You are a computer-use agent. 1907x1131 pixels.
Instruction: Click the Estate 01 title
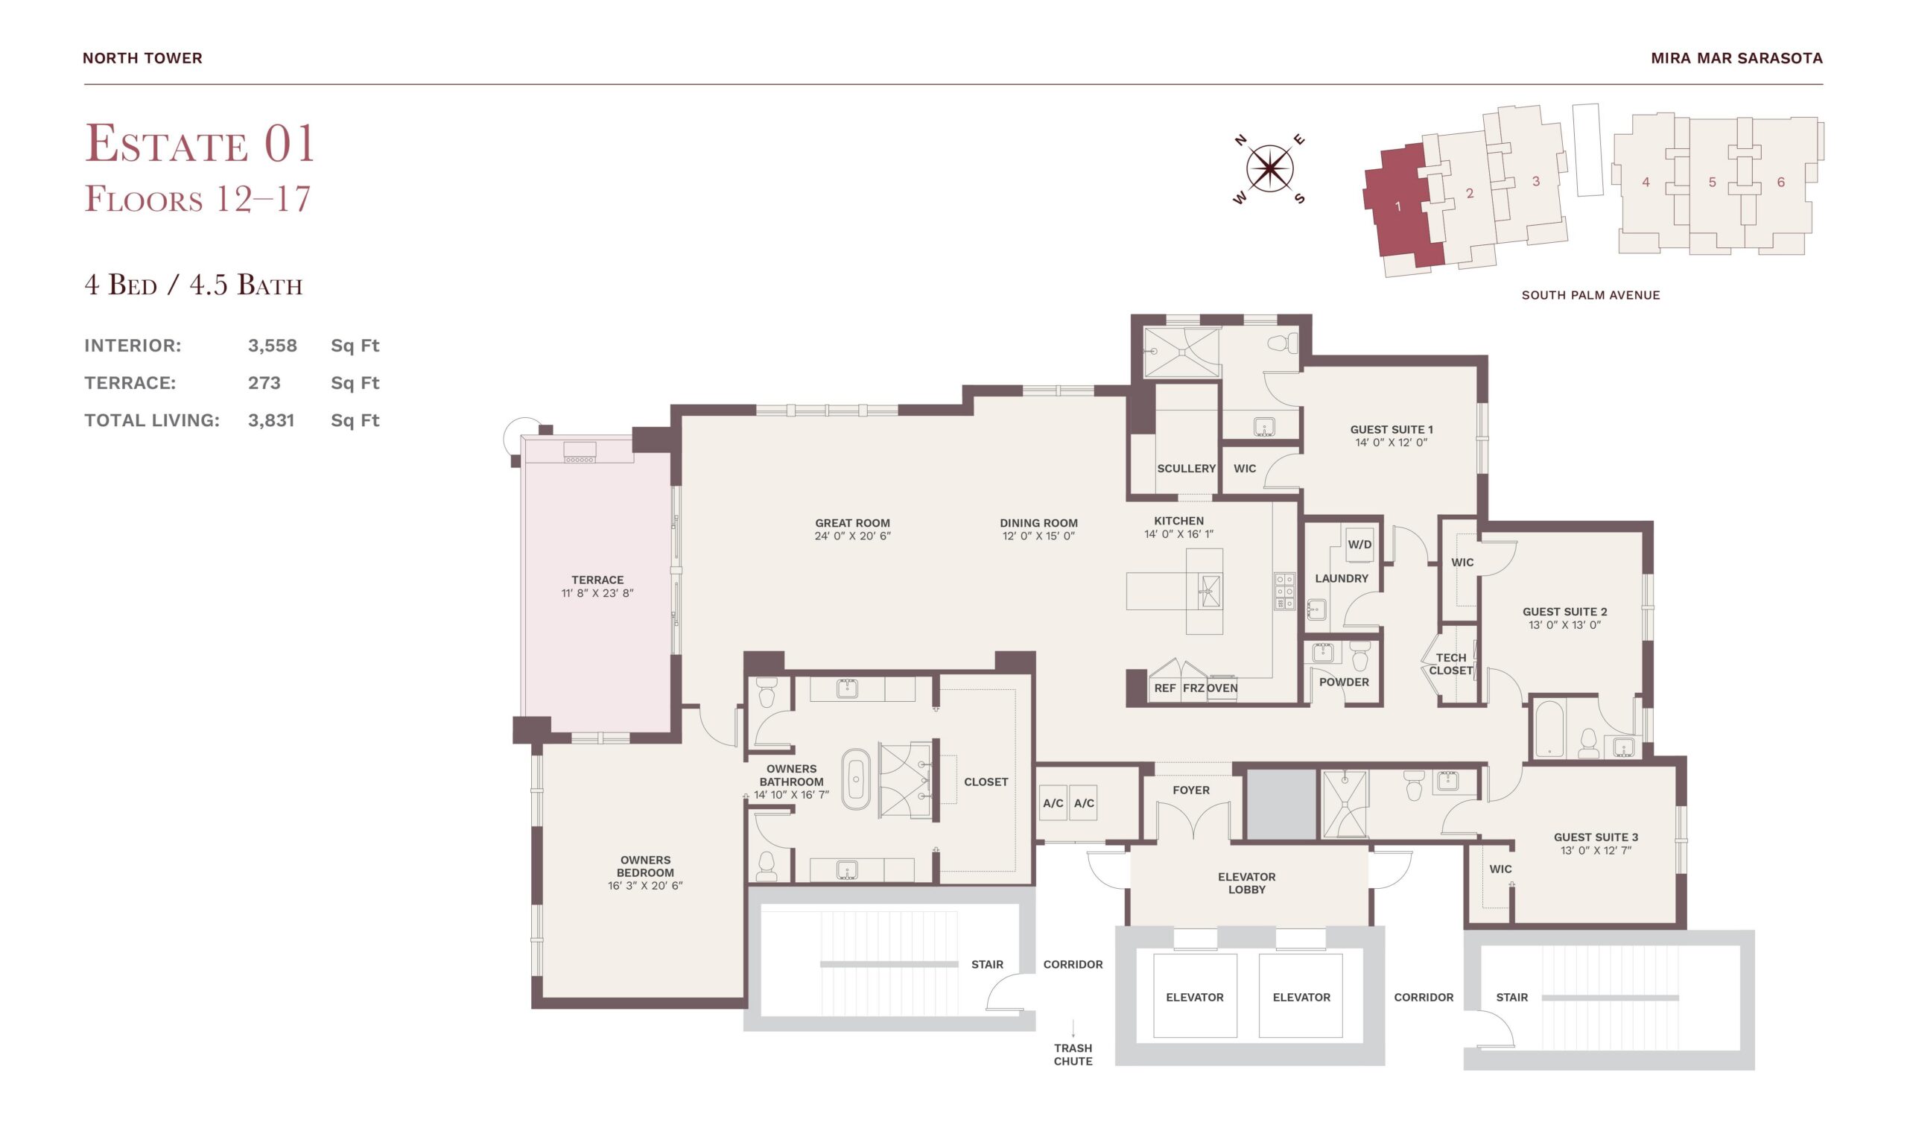(200, 143)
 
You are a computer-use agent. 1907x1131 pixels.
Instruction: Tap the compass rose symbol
(1269, 168)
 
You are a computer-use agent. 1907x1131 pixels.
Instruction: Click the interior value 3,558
(272, 346)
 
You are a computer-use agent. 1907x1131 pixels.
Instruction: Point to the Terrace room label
(597, 580)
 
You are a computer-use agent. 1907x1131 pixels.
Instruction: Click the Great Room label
(852, 523)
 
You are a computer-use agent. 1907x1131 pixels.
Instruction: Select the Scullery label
(1186, 469)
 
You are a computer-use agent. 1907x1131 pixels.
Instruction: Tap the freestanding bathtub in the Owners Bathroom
(856, 779)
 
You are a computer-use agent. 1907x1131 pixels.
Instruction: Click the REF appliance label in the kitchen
(1165, 688)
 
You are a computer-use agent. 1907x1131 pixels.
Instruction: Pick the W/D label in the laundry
(1359, 545)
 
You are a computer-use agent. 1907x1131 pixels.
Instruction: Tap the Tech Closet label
(1450, 664)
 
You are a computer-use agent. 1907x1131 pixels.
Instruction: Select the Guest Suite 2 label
(1565, 612)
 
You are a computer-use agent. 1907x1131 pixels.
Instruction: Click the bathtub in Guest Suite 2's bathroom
(1549, 729)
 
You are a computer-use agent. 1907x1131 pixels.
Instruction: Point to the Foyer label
(1191, 791)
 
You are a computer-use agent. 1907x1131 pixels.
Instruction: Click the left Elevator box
(1195, 996)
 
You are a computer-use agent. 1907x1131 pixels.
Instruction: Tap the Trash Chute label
(1073, 1055)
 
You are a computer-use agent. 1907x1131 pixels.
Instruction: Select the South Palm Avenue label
(1591, 295)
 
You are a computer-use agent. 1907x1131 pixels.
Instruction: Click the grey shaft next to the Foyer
(1281, 805)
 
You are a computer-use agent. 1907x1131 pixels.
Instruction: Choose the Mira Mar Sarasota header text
(1737, 58)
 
